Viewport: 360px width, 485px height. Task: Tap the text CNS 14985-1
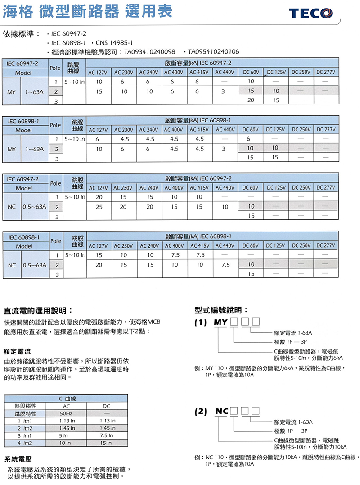[112, 43]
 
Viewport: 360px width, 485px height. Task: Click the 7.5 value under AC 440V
[225, 264]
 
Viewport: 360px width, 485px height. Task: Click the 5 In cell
[63, 435]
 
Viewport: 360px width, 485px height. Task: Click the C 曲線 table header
[67, 399]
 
